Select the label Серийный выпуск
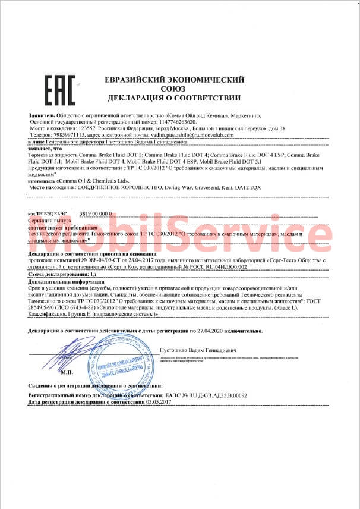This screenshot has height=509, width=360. click(x=49, y=219)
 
